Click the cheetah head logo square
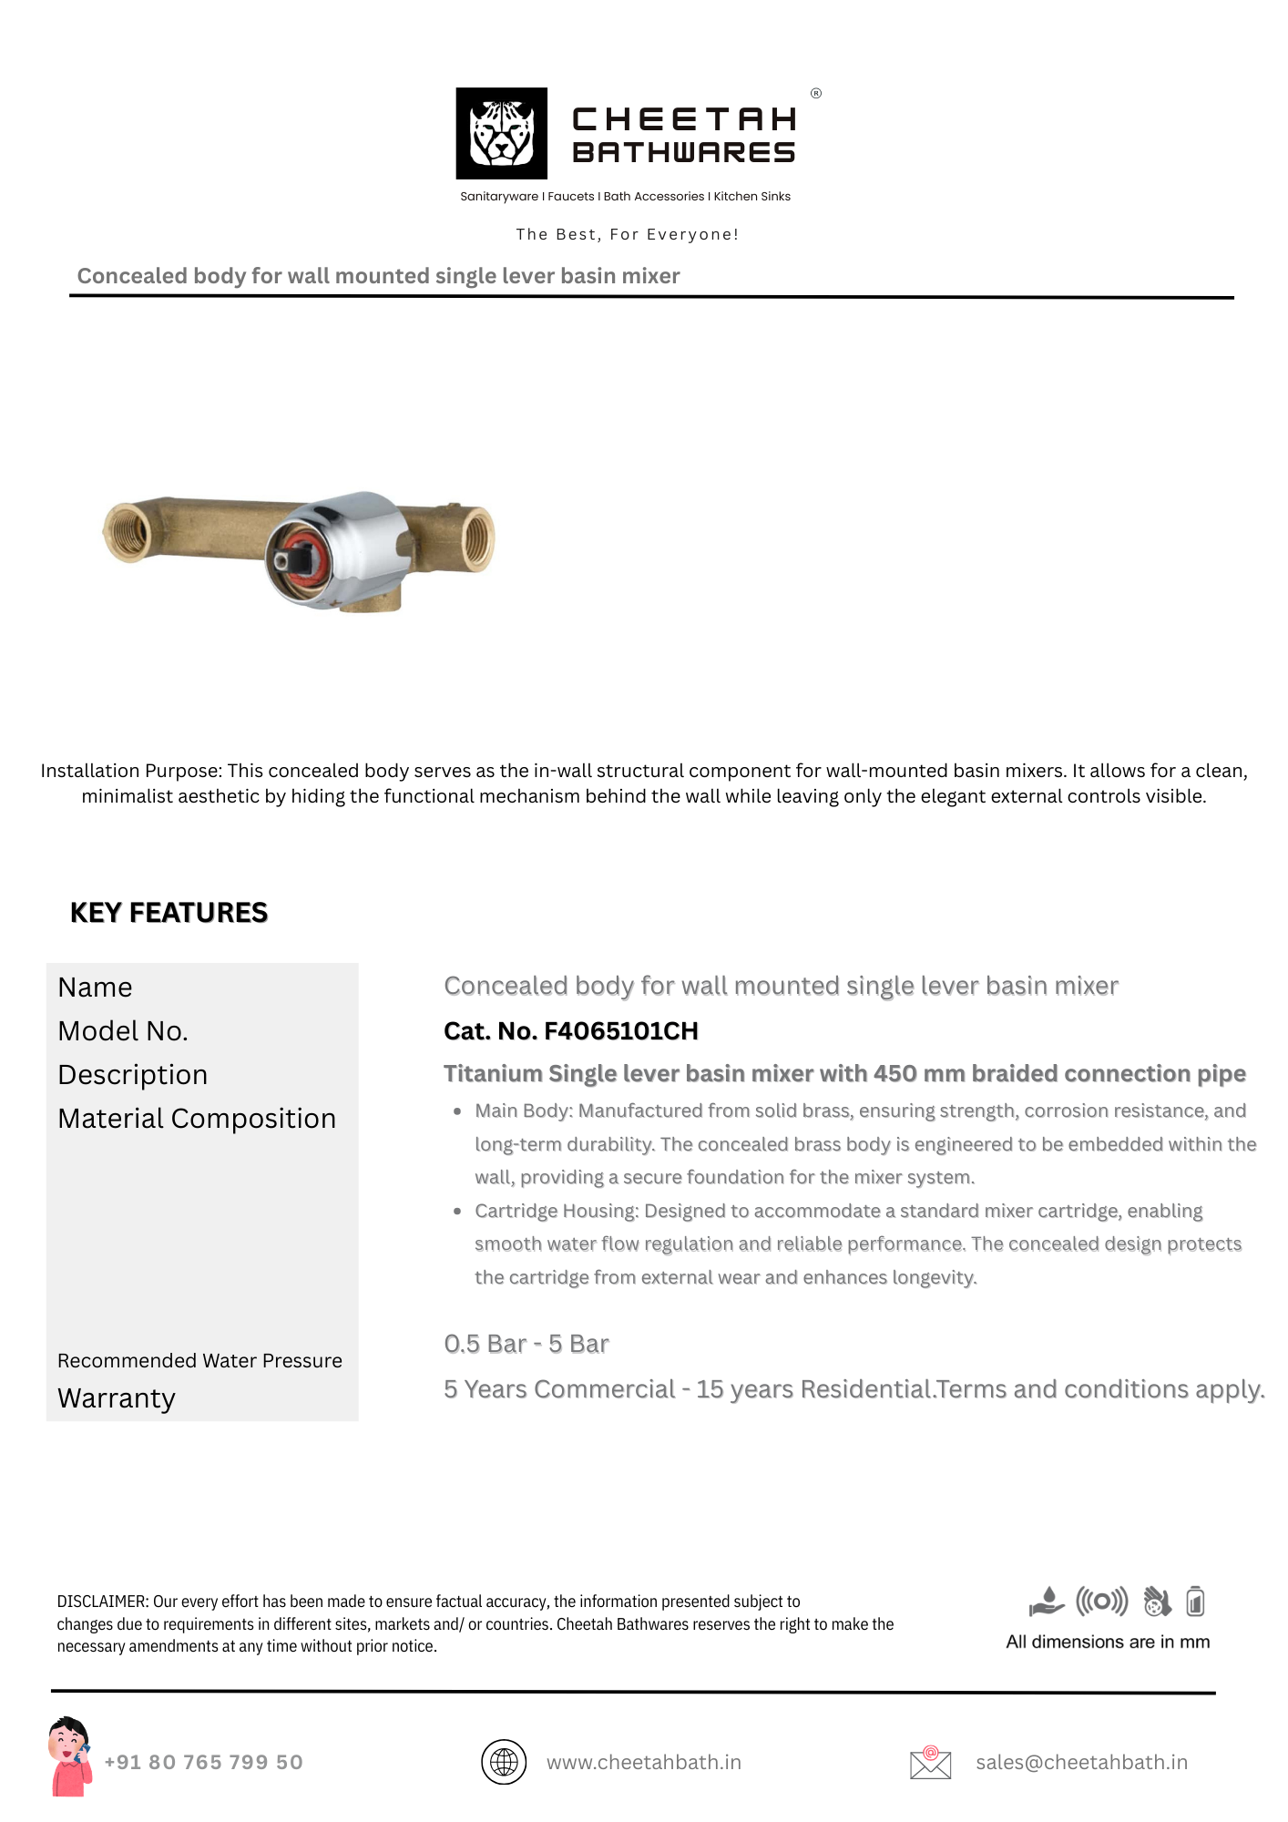click(x=501, y=133)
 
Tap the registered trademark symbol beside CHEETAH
click(x=816, y=93)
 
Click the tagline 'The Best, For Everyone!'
click(x=627, y=234)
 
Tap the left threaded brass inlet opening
click(x=125, y=531)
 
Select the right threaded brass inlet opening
click(x=477, y=539)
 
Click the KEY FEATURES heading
click(x=169, y=913)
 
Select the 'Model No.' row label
click(x=123, y=1031)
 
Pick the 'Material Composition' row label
click(x=197, y=1119)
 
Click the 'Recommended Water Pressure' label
click(x=199, y=1361)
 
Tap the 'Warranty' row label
click(x=117, y=1398)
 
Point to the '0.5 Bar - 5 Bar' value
click(x=526, y=1345)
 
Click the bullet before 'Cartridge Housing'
click(x=457, y=1212)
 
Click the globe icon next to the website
click(x=504, y=1762)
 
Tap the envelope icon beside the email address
click(x=930, y=1763)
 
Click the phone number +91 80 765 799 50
click(x=203, y=1763)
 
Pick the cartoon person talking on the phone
click(x=70, y=1756)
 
